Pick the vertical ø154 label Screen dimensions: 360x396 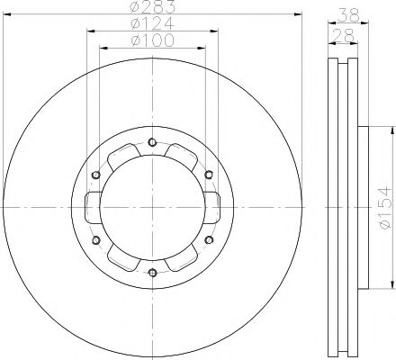(x=384, y=207)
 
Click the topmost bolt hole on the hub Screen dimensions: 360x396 (x=152, y=141)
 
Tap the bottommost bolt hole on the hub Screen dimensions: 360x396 (x=152, y=273)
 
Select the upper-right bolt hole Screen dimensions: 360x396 (x=209, y=174)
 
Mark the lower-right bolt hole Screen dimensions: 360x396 (x=209, y=239)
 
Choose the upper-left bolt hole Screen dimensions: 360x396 (x=95, y=174)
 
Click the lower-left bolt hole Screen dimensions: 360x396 (x=95, y=239)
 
